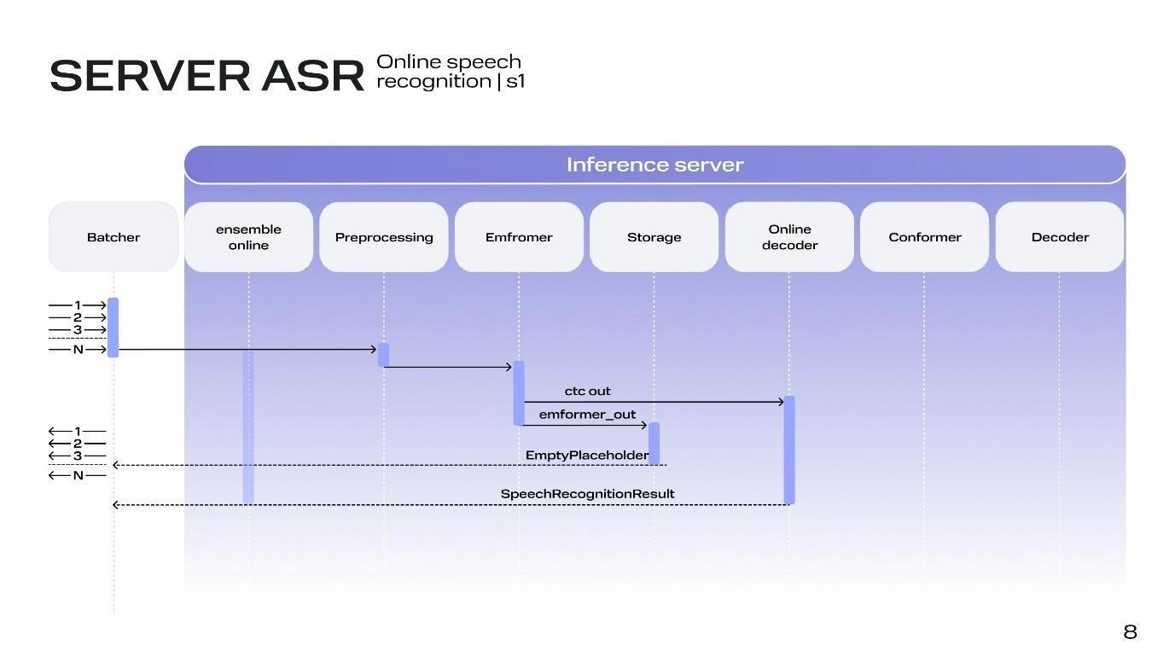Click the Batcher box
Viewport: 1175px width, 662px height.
[113, 237]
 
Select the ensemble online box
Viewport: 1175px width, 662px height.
[248, 237]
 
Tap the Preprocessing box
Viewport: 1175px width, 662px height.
[384, 237]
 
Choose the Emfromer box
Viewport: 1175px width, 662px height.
[519, 237]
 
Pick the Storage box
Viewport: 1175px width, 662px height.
[654, 237]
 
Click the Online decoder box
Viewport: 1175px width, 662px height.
[789, 237]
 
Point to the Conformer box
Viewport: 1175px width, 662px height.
[925, 237]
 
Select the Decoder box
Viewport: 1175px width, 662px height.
[1060, 237]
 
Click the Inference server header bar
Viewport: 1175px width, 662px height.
[654, 165]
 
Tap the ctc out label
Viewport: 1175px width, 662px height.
[588, 392]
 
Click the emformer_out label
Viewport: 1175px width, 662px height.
[587, 415]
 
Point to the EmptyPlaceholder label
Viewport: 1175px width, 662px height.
[587, 456]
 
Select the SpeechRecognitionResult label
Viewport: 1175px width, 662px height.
[587, 494]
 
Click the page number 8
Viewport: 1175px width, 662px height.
[1130, 632]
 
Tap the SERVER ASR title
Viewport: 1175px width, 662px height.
[206, 76]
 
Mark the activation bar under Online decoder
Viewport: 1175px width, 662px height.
[789, 450]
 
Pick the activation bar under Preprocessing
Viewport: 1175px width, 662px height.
[384, 355]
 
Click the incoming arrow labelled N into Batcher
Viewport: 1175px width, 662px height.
[78, 350]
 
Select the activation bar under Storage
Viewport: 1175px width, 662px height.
[654, 443]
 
